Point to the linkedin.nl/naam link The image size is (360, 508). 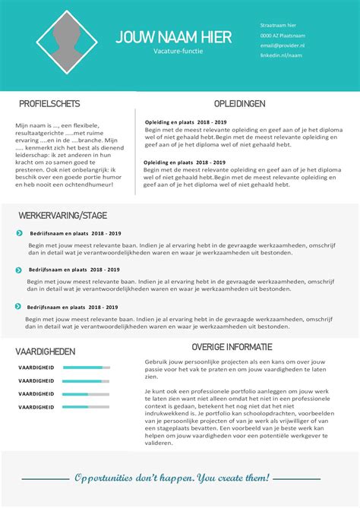tap(280, 55)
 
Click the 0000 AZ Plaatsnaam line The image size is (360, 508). tap(283, 36)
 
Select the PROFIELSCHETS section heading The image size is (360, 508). tap(49, 103)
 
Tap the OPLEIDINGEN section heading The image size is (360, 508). tap(239, 103)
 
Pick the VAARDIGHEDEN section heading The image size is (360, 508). tap(46, 352)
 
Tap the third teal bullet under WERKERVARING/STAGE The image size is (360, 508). tap(17, 306)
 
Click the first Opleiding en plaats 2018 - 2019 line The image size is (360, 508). tap(185, 121)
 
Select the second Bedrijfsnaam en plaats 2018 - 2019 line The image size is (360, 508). tap(74, 270)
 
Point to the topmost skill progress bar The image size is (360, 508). tap(86, 368)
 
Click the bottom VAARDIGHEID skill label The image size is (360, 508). tap(36, 407)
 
